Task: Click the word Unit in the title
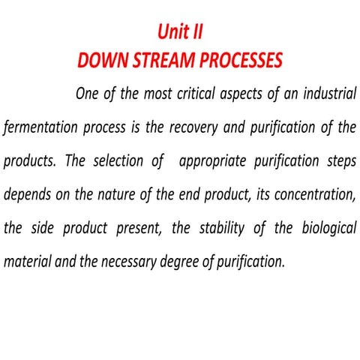click(x=173, y=31)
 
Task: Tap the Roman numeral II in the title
click(x=197, y=31)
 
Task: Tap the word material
click(x=28, y=262)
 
